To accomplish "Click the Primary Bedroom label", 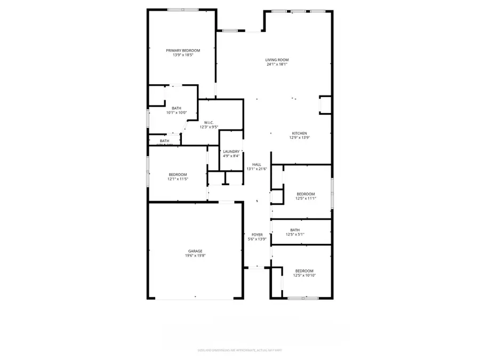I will pos(182,50).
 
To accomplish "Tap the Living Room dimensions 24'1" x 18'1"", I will pos(277,65).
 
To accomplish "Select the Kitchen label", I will pos(299,133).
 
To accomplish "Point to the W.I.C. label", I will pos(209,123).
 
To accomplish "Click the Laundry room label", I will pos(231,151).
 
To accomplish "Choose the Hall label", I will pos(257,164).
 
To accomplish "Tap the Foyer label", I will pos(257,235).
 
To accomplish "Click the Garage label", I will pos(195,251).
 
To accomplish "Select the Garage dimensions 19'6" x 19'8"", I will pos(195,255).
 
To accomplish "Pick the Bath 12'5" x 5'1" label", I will pos(295,230).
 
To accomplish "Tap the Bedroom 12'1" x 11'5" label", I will pos(178,174).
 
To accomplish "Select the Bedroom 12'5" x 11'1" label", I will pos(306,194).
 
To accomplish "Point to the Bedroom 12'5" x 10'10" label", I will pos(304,271).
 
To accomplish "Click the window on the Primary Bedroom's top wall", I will pos(183,10).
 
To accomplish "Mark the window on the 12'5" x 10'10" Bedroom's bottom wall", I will pos(303,298).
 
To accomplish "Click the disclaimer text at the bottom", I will pos(239,350).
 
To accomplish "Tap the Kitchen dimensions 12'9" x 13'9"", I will pos(299,138).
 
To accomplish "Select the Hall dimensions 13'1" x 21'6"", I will pos(257,169).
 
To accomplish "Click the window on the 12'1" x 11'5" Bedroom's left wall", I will pos(148,171).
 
